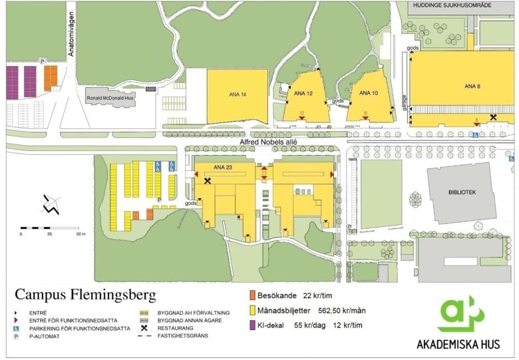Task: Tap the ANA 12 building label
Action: pos(303,94)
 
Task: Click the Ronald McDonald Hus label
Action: pos(110,98)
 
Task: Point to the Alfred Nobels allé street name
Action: pos(267,142)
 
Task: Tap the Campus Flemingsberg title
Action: pos(85,293)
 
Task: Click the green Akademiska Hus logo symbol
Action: pos(460,314)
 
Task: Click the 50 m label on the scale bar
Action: pos(81,235)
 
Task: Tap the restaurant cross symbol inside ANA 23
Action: pos(208,180)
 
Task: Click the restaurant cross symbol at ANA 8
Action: pos(493,117)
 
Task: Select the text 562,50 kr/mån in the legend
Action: pos(343,310)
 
